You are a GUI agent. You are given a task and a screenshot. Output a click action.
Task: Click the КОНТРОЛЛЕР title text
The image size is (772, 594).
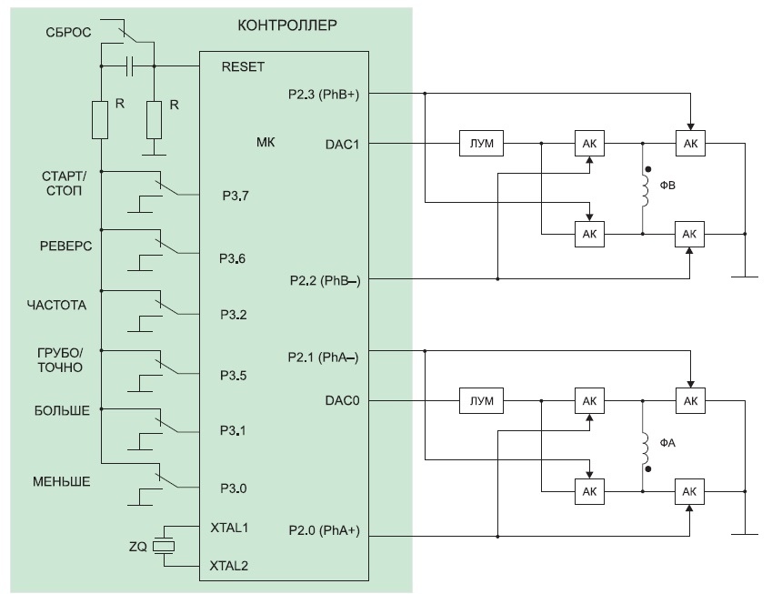pos(287,25)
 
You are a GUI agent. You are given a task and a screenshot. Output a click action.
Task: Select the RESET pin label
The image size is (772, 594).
pos(243,67)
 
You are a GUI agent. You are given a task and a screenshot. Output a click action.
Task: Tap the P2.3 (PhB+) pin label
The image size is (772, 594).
pos(324,95)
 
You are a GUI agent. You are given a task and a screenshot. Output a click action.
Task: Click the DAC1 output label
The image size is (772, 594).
pos(342,145)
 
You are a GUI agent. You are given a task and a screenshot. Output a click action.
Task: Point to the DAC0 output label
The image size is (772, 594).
pos(342,400)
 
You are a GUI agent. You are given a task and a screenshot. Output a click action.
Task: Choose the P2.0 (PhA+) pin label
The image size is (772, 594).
pos(324,530)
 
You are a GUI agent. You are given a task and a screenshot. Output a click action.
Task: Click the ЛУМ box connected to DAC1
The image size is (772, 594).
pos(481,144)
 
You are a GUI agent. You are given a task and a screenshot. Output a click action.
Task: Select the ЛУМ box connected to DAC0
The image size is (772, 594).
pos(481,401)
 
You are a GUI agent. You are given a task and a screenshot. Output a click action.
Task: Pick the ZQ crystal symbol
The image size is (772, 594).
pos(164,546)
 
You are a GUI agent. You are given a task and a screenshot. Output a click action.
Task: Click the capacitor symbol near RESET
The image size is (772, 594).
pos(129,66)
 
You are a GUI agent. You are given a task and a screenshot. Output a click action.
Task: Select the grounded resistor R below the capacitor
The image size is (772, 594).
pos(154,120)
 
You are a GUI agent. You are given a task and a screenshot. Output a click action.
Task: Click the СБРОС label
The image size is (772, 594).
pos(68,33)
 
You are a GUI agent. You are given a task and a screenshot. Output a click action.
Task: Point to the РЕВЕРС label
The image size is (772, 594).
pos(66,247)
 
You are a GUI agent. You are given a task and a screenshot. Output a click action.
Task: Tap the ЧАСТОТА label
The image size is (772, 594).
pos(56,306)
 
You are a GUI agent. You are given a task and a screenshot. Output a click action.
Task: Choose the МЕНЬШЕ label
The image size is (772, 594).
pos(62,482)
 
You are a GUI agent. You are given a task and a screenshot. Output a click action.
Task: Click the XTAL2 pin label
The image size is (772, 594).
pos(229,566)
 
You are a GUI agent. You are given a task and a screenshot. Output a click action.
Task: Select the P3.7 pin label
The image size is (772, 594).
pos(236,196)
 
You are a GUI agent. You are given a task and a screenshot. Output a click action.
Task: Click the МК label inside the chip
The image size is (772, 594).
pos(266,142)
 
